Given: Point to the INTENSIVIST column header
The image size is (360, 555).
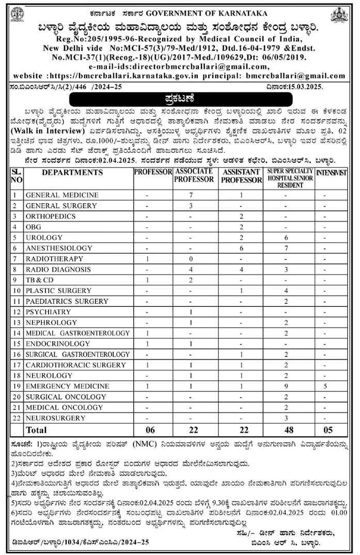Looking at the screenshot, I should pos(331,172).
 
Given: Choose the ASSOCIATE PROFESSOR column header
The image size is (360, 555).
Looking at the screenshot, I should pos(194,175).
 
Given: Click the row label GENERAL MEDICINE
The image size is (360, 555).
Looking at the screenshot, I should pos(61,195).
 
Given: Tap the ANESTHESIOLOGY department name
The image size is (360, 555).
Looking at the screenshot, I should pos(58,248).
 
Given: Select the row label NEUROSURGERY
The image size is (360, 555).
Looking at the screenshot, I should pos(55,418).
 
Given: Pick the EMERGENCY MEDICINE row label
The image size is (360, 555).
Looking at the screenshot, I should pos(67,386).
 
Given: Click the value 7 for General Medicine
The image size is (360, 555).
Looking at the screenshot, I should pos(191,195).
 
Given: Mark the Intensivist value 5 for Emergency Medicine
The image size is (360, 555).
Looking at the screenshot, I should pos(324,386).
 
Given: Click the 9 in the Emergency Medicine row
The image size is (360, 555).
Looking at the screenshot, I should pos(286,386).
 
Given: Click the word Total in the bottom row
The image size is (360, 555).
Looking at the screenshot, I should pos(36,430).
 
